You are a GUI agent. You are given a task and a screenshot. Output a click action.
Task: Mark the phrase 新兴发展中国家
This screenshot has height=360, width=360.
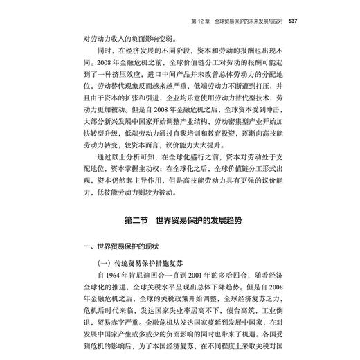pyautogui.click(x=156, y=118)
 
